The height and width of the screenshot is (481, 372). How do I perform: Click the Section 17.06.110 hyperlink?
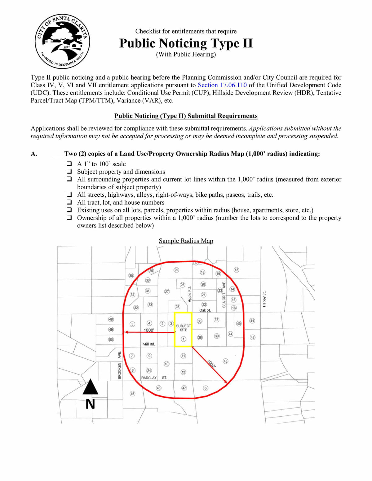click(x=222, y=85)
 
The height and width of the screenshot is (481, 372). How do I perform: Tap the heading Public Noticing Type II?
click(x=186, y=43)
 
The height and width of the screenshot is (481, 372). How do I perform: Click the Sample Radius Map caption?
click(x=186, y=241)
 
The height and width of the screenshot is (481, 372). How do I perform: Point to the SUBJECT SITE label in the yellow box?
click(x=183, y=328)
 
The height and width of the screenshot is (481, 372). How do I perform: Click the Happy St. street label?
click(x=264, y=299)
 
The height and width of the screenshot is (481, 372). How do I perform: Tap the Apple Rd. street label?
click(x=190, y=294)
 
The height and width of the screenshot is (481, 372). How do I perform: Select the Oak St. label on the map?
click(x=205, y=310)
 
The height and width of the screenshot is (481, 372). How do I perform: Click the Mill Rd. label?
click(x=148, y=344)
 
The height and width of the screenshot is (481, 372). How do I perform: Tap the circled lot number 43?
click(x=225, y=361)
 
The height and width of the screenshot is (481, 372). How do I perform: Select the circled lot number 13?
click(x=236, y=270)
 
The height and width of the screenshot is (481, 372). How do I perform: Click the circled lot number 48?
click(x=111, y=319)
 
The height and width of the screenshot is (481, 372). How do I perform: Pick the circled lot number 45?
click(x=132, y=394)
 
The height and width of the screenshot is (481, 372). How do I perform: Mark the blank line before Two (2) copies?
click(x=57, y=154)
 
